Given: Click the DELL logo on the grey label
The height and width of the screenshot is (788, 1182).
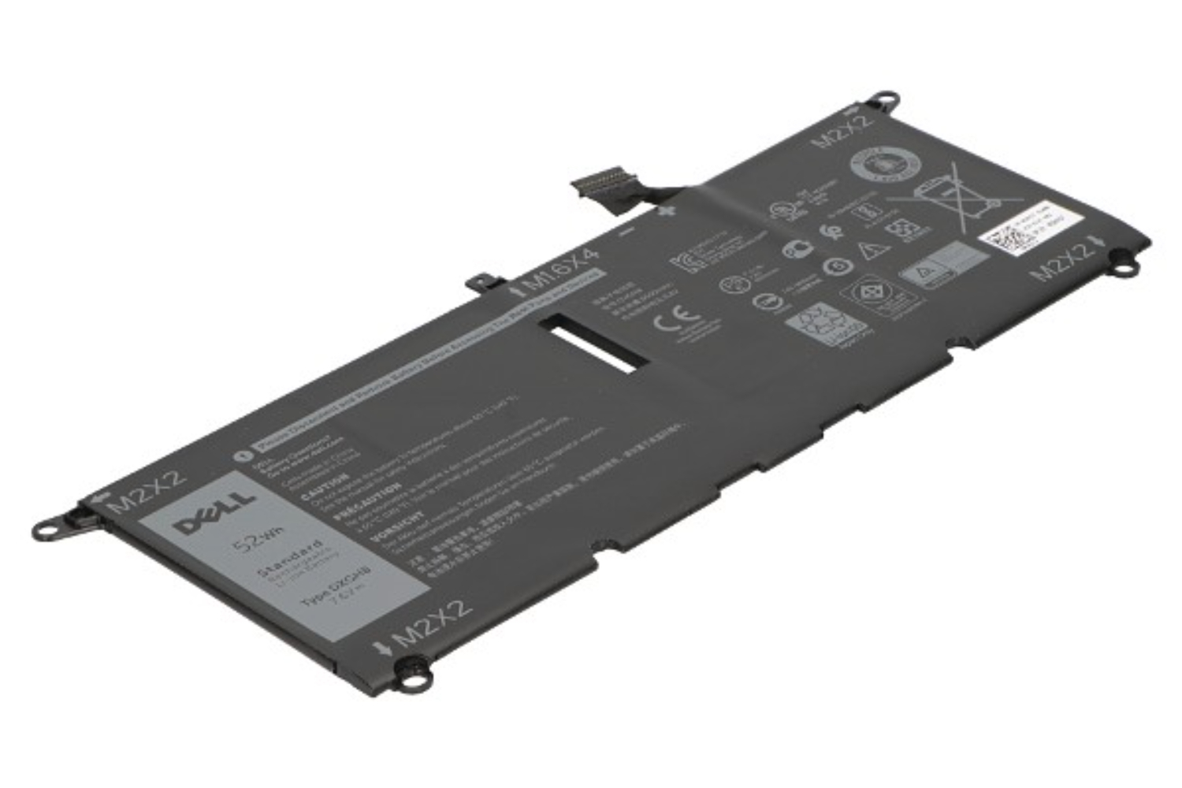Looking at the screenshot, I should click(215, 511).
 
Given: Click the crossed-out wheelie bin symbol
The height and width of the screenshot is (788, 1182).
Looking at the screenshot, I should click(953, 193).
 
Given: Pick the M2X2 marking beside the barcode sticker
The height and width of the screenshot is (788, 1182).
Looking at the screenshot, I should click(1063, 261).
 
